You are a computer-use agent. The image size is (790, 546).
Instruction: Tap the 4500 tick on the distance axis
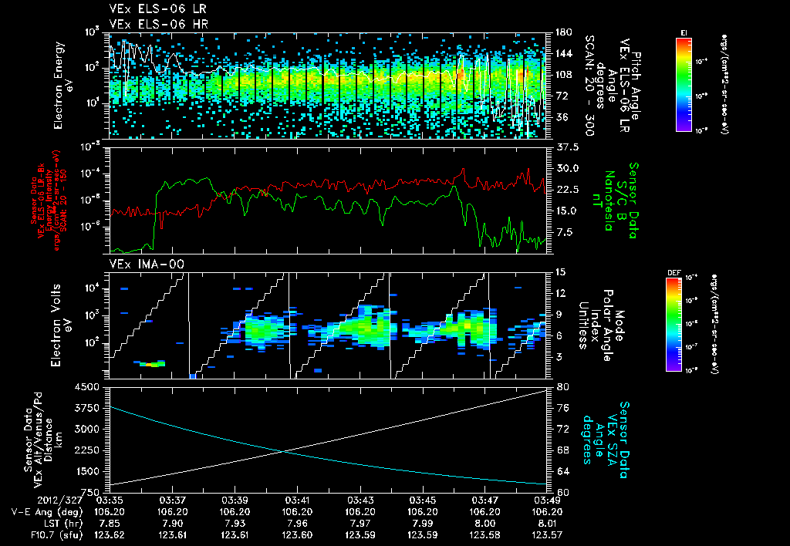(x=92, y=386)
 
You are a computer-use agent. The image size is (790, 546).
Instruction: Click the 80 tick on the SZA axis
(x=563, y=386)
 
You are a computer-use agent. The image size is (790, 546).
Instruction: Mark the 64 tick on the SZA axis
(x=563, y=470)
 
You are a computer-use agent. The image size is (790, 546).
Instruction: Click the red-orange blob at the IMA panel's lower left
(x=151, y=363)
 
